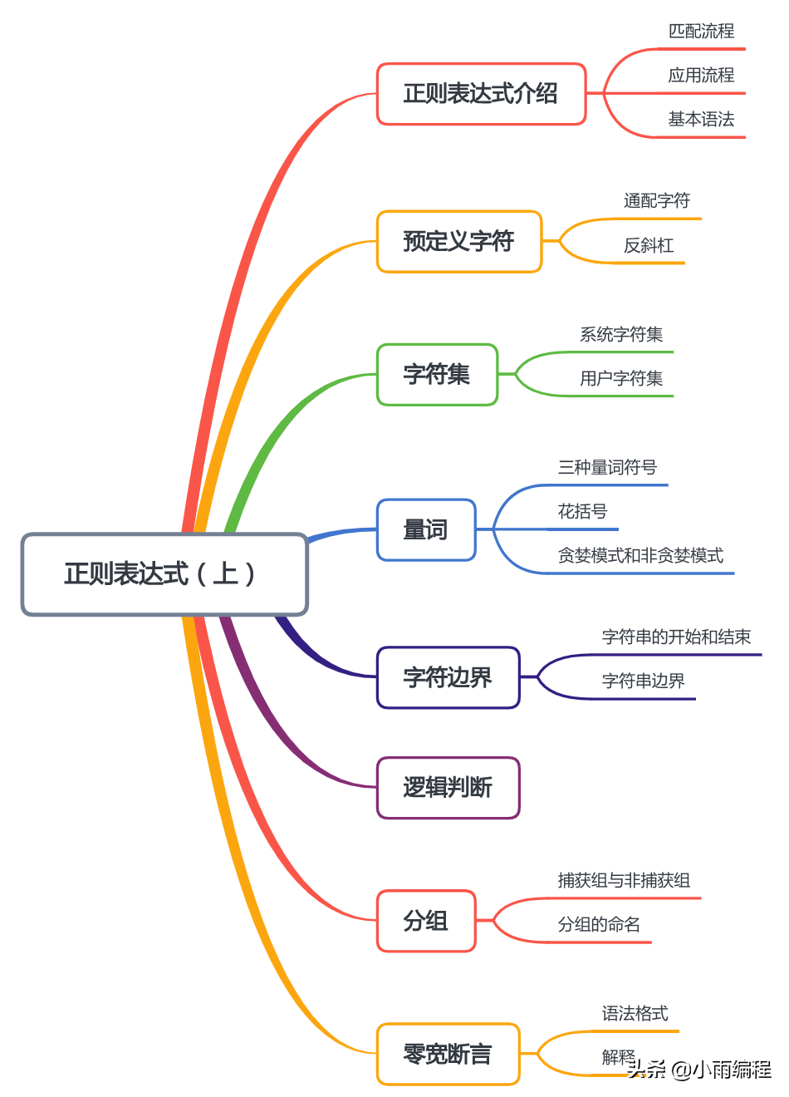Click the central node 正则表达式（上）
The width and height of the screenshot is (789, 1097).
click(x=164, y=574)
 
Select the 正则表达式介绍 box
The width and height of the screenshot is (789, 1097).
click(x=481, y=94)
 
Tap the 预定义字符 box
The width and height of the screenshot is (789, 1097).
click(x=458, y=242)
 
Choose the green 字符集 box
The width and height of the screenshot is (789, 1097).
click(x=437, y=375)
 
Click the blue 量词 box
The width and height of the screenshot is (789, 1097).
click(x=425, y=530)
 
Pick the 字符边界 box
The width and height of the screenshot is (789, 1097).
click(x=448, y=678)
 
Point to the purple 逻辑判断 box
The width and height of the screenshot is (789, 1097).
click(x=448, y=788)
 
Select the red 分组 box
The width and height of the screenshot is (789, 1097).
click(x=425, y=921)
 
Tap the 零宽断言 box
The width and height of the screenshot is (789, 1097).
click(x=448, y=1054)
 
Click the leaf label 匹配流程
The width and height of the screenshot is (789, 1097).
click(x=701, y=32)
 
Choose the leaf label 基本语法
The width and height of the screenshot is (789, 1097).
click(x=701, y=120)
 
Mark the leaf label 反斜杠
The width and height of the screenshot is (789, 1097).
click(x=649, y=246)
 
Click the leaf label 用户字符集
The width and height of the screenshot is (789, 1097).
click(x=621, y=379)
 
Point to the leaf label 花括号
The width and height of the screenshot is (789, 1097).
click(x=582, y=512)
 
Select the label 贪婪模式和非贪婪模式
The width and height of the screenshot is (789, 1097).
click(x=640, y=556)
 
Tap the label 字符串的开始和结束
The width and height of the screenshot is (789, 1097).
click(x=676, y=637)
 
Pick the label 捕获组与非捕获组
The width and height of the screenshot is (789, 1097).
click(x=624, y=881)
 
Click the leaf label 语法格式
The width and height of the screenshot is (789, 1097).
click(x=635, y=1014)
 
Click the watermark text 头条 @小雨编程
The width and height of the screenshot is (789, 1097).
click(x=699, y=1070)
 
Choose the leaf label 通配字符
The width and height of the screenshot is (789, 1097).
click(x=657, y=201)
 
